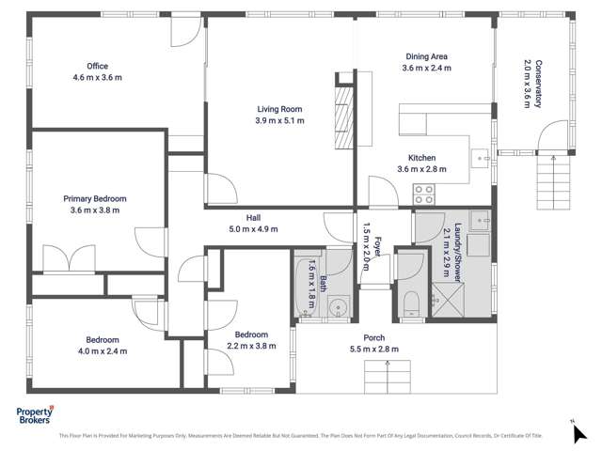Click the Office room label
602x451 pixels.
click(x=97, y=66)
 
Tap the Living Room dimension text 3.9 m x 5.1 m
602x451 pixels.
click(x=279, y=120)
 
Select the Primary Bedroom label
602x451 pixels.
click(x=95, y=199)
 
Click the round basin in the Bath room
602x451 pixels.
click(x=338, y=304)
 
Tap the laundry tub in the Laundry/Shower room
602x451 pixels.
click(x=480, y=222)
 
